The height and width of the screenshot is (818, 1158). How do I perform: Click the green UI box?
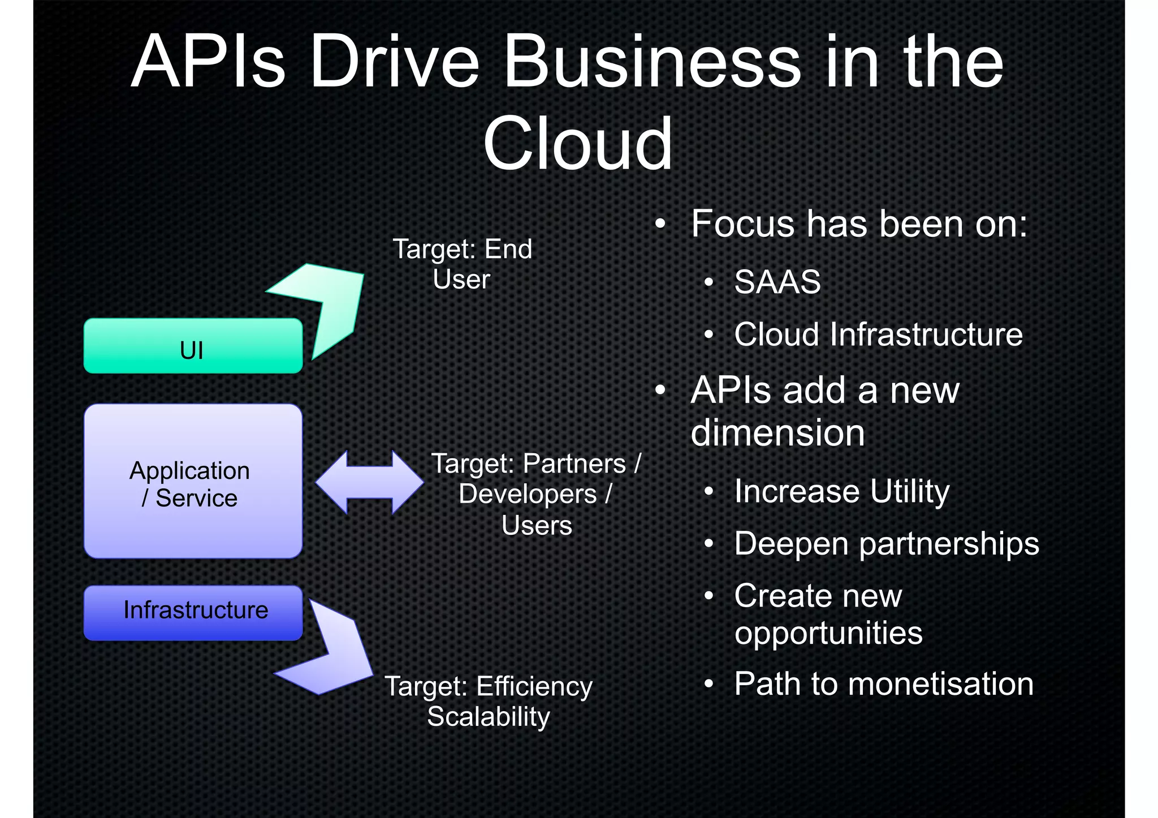(x=193, y=346)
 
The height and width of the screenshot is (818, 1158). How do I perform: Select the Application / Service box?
(x=193, y=481)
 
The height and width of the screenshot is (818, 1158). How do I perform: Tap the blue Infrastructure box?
(x=193, y=613)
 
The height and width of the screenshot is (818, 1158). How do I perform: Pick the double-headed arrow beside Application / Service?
(x=369, y=482)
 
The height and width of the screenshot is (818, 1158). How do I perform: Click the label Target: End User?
(x=463, y=264)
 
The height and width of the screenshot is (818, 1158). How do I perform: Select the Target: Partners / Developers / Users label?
(x=536, y=494)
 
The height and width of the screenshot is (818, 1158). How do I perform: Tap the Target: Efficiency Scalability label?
(x=489, y=702)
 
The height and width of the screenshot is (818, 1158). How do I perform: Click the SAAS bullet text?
(x=777, y=282)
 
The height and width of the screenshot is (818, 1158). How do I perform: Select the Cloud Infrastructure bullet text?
(x=878, y=334)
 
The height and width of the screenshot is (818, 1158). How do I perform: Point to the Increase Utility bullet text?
(x=841, y=491)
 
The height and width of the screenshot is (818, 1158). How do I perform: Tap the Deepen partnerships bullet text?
(x=886, y=544)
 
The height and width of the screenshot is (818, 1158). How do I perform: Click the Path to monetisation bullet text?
(x=884, y=683)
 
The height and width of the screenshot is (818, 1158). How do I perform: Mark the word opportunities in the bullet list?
(x=828, y=633)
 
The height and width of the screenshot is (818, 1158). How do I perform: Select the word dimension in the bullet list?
(x=778, y=433)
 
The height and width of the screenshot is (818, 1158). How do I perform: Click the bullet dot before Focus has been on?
(x=660, y=224)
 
